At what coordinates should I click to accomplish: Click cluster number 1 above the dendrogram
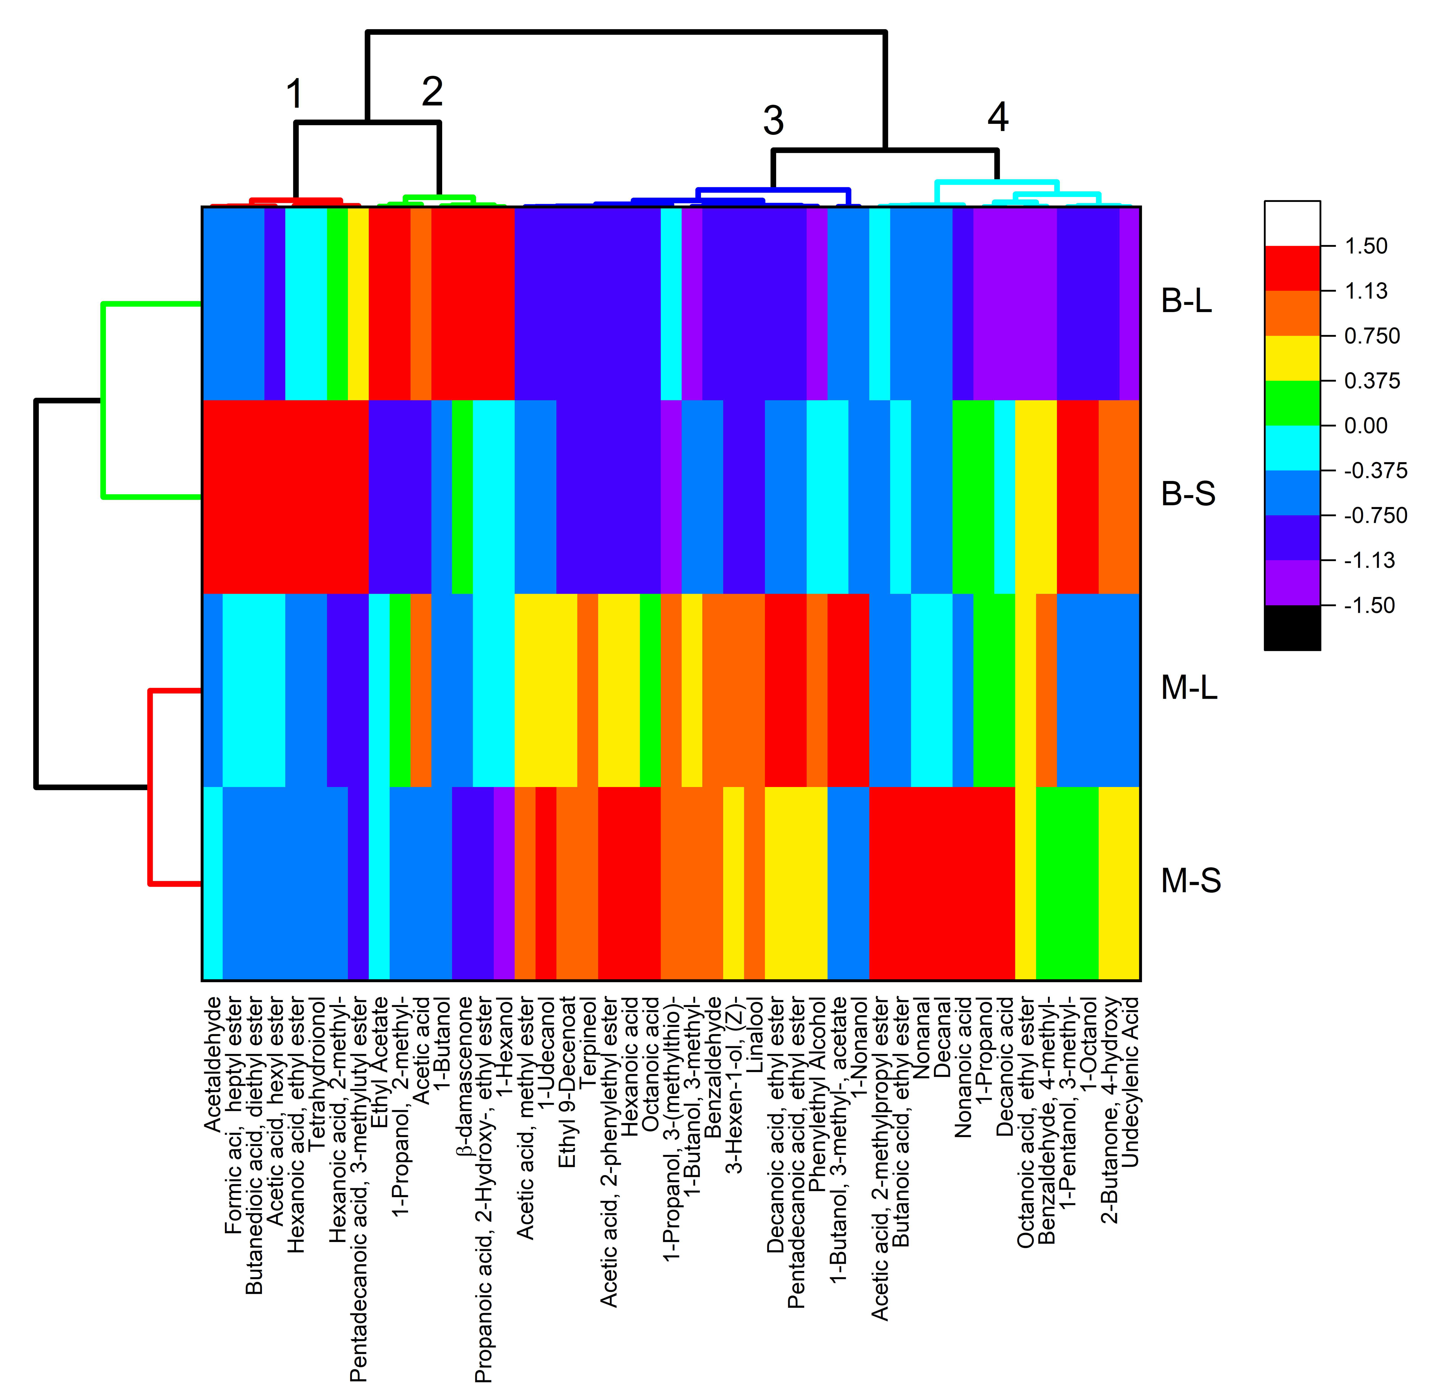294,95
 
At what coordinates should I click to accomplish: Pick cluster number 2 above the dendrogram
432,92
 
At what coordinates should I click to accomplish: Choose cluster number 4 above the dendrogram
997,117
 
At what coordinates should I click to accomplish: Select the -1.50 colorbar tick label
1369,605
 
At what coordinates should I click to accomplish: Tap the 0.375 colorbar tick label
1372,381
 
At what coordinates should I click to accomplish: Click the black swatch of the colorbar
1292,628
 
